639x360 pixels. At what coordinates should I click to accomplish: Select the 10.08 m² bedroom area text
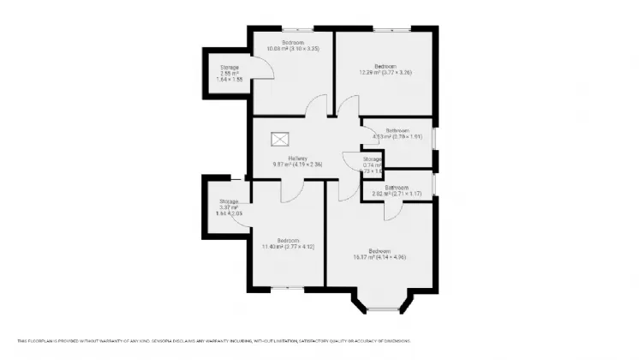point(292,48)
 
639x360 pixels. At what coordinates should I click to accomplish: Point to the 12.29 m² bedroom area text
point(385,72)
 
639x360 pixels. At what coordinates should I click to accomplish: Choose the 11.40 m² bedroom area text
point(288,247)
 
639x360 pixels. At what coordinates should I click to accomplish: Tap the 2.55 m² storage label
point(230,73)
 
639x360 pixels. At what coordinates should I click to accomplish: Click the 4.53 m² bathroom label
point(397,135)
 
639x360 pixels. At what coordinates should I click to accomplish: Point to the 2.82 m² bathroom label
point(397,194)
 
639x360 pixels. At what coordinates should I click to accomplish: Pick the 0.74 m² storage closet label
point(371,165)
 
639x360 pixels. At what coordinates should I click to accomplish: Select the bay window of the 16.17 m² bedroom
point(382,303)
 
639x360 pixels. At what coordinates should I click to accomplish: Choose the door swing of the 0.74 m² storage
point(351,161)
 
